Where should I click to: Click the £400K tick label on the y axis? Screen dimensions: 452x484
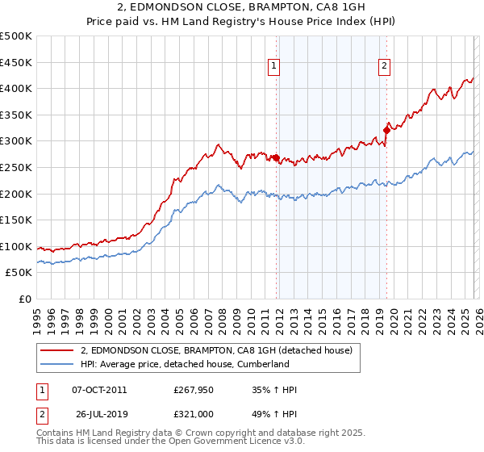click(x=16, y=89)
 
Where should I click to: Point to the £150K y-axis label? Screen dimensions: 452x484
click(x=16, y=220)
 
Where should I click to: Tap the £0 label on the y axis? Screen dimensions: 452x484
click(x=24, y=299)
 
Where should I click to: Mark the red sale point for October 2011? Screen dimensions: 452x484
click(x=276, y=158)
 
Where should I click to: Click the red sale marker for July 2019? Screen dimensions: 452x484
click(x=387, y=130)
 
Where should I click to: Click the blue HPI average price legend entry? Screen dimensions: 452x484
click(x=184, y=364)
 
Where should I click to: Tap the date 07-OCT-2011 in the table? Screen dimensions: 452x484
click(x=99, y=390)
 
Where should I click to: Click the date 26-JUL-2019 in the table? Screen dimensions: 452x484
click(x=99, y=416)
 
